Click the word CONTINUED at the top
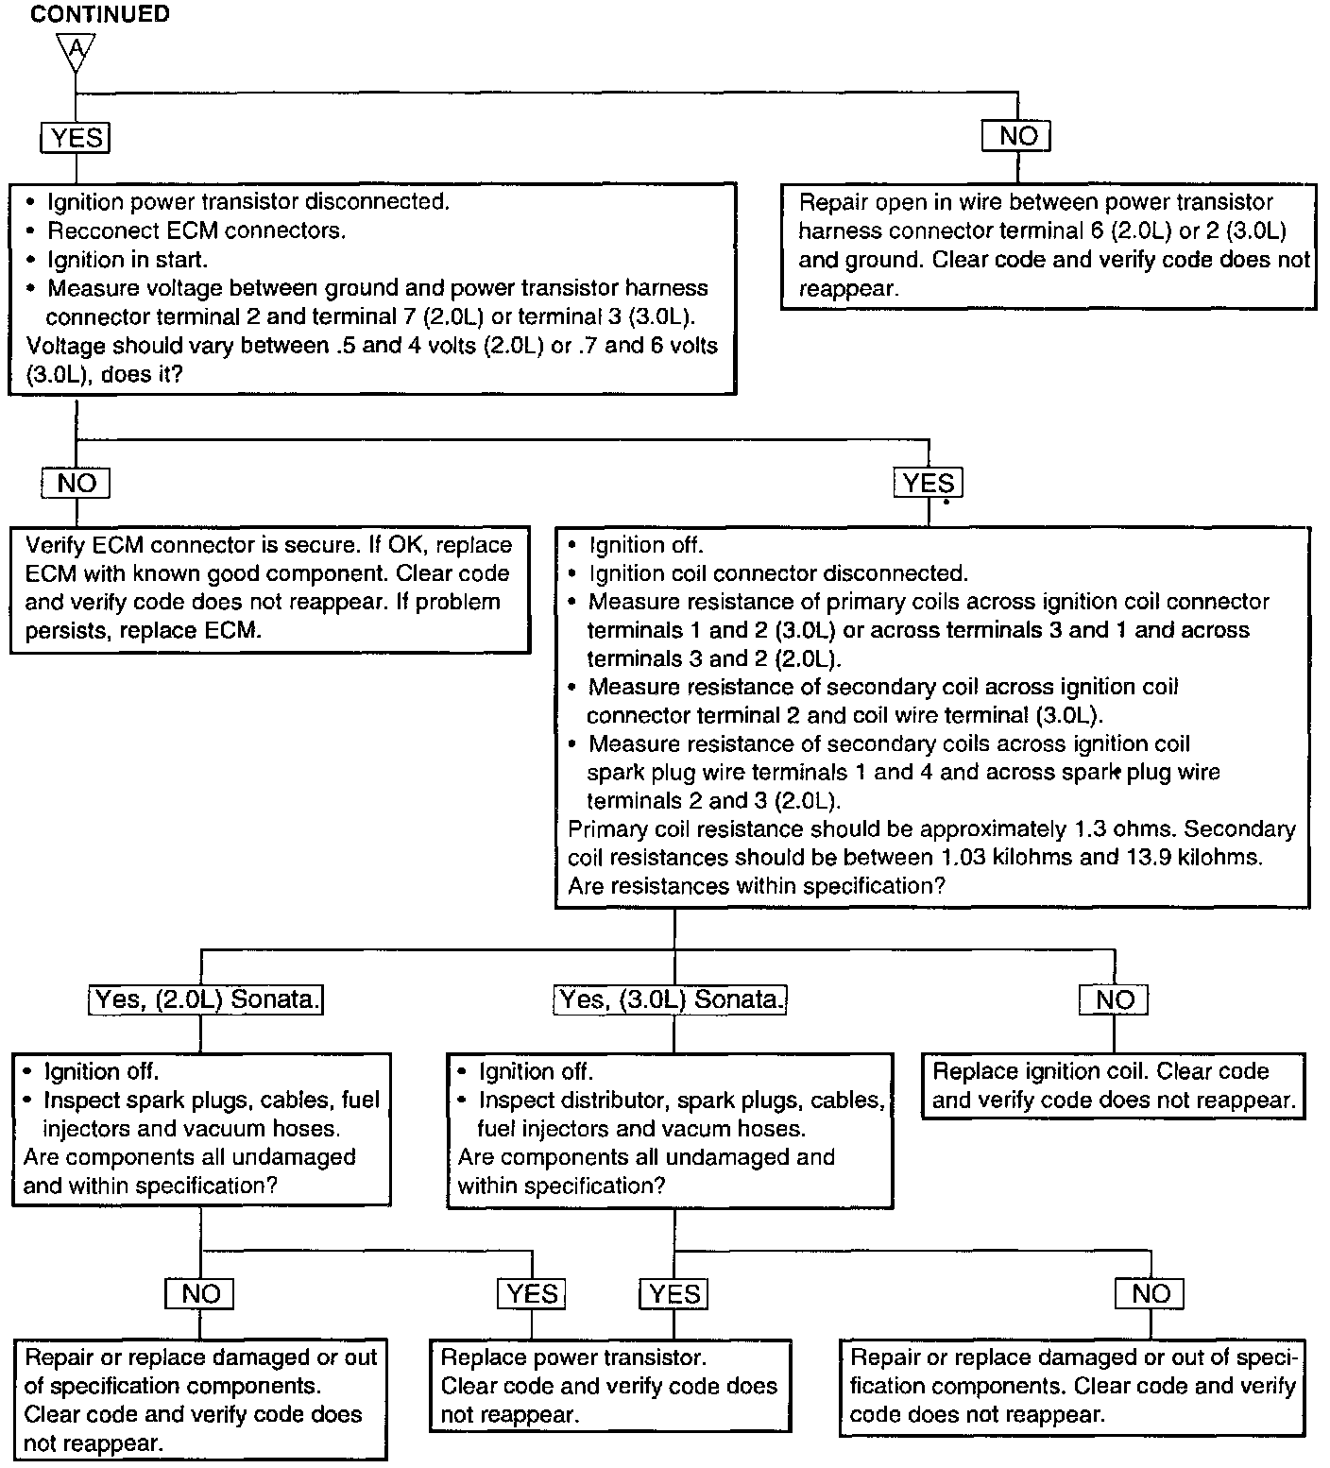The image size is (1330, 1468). (x=100, y=14)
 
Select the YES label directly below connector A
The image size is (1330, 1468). (x=76, y=138)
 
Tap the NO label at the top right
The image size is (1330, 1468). (x=1017, y=136)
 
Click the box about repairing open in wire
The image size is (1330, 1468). (x=1049, y=246)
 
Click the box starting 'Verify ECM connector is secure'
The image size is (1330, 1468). (x=269, y=588)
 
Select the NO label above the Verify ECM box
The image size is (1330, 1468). (x=76, y=484)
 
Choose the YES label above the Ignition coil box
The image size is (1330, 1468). (x=928, y=484)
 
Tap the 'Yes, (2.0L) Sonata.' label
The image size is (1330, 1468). (x=206, y=999)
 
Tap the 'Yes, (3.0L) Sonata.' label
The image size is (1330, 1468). (x=670, y=999)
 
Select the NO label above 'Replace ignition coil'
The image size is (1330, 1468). (x=1114, y=1000)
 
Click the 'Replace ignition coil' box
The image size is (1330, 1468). (x=1112, y=1085)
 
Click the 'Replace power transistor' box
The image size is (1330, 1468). (x=609, y=1386)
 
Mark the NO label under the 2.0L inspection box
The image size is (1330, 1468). (x=199, y=1294)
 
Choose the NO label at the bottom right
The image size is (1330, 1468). (x=1150, y=1294)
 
